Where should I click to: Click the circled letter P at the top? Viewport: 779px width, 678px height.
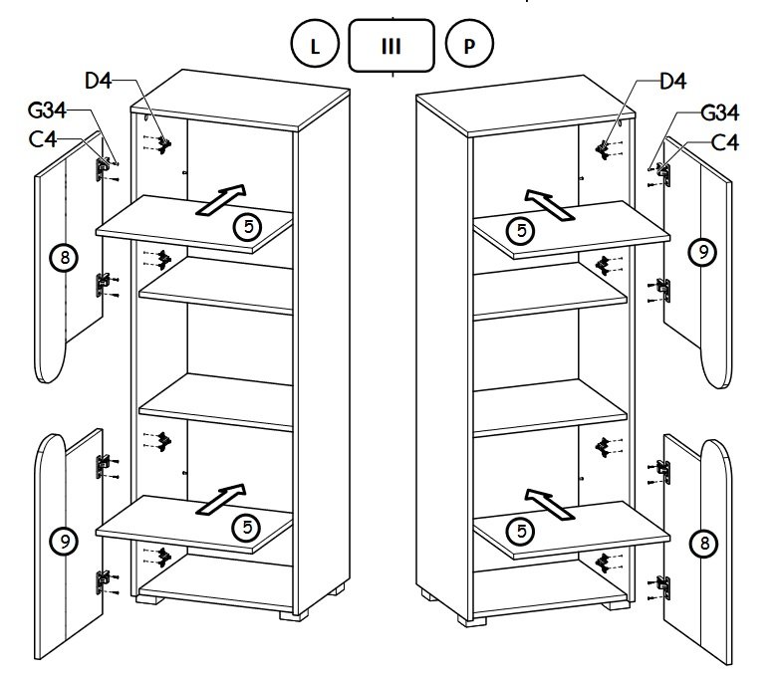click(x=467, y=46)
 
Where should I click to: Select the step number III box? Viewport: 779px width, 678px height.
click(x=391, y=46)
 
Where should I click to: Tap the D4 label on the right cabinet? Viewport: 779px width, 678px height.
click(x=673, y=82)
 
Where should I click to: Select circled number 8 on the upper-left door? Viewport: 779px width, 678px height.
click(x=64, y=258)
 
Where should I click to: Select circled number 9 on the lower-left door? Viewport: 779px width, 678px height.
click(x=64, y=542)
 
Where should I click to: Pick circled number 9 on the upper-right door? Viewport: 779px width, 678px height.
click(x=703, y=253)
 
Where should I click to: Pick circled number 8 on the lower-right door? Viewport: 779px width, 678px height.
click(x=703, y=543)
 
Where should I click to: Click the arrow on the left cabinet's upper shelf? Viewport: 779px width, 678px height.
click(x=222, y=199)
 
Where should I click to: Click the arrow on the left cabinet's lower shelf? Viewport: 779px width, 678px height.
click(x=222, y=499)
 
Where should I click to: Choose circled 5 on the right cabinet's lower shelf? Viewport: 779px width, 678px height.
click(x=520, y=532)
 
